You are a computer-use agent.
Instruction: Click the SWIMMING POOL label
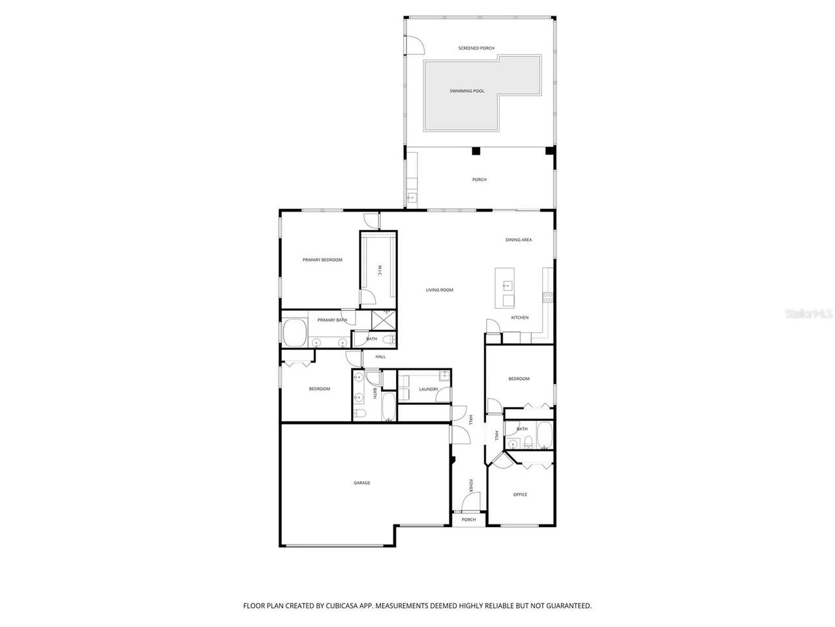[466, 91]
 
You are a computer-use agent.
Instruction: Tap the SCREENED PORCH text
[476, 48]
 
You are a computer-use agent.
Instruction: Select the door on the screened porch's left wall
[413, 44]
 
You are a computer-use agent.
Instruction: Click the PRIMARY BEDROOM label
[322, 260]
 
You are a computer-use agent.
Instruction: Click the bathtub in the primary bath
[296, 333]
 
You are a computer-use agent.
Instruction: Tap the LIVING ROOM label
[439, 290]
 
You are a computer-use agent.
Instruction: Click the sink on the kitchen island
[506, 285]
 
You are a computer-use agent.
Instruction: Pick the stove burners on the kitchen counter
[548, 296]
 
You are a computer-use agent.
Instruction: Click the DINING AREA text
[518, 240]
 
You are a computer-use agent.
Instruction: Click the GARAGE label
[362, 483]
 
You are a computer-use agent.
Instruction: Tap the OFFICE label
[520, 494]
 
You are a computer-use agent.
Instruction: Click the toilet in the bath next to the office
[513, 444]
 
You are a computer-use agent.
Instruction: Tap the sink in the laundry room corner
[444, 375]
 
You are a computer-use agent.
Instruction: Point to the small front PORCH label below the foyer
[468, 520]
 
